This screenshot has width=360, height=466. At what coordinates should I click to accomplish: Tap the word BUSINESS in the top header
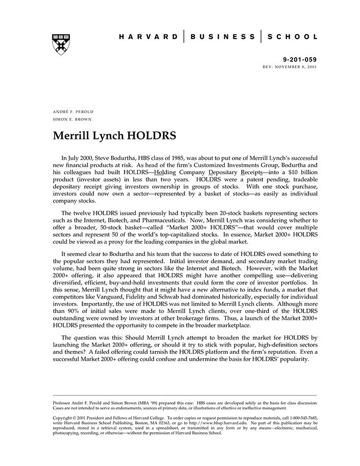(222, 37)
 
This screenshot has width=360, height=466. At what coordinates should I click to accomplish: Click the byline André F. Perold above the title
(73, 112)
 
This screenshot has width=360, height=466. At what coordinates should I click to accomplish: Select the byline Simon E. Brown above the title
(71, 119)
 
